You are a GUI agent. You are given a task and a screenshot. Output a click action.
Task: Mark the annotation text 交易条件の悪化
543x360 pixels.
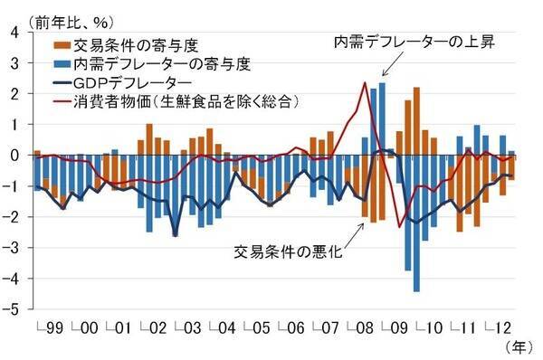click(x=287, y=250)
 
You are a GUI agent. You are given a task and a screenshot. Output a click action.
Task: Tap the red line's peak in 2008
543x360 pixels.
click(x=364, y=83)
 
